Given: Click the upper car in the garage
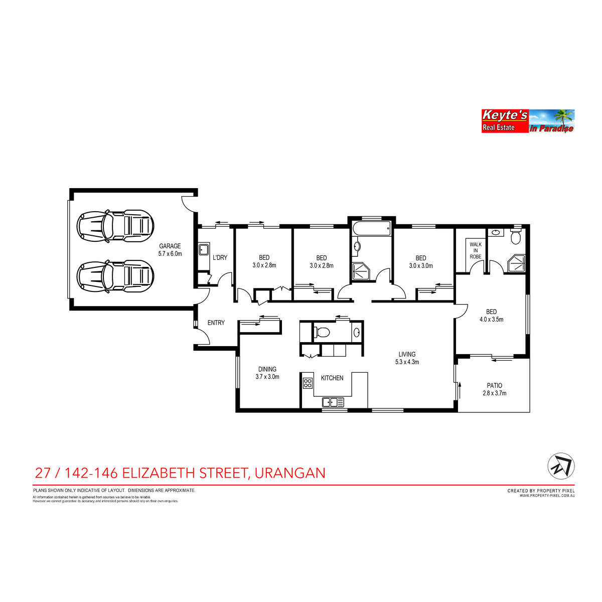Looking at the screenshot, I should [x=115, y=226].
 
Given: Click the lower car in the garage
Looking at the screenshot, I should [x=115, y=276].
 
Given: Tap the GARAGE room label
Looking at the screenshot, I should [x=170, y=246].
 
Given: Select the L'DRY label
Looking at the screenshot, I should [x=220, y=257].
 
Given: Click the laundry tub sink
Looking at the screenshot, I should [x=204, y=249].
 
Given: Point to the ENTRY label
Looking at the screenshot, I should [x=216, y=323].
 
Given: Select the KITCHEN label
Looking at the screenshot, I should [x=332, y=378].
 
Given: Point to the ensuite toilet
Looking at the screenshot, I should [x=516, y=237].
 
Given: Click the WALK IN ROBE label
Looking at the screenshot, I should [x=475, y=250].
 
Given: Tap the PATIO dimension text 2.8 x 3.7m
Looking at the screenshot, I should [x=494, y=393].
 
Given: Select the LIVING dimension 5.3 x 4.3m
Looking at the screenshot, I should [x=407, y=362].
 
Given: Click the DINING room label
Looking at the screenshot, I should [x=267, y=369].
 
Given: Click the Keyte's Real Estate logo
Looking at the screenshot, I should [x=528, y=121].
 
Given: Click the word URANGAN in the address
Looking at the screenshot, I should [x=290, y=473].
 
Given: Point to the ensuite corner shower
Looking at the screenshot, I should [x=517, y=263].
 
